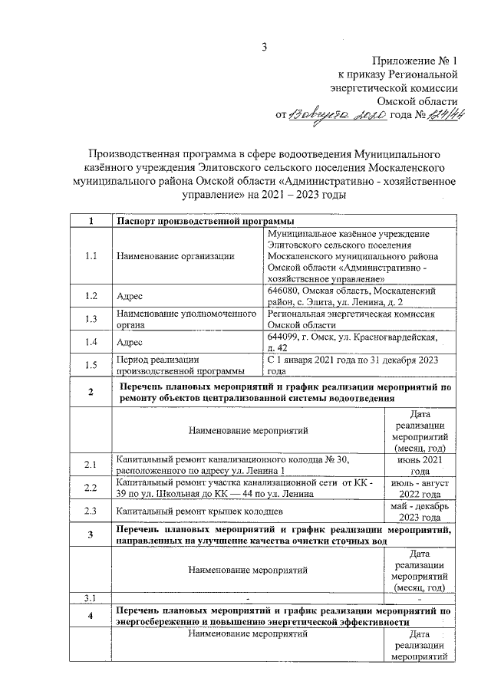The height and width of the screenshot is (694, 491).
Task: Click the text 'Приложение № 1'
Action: tap(415, 60)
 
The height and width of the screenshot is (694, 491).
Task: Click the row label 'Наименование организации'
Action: tap(175, 256)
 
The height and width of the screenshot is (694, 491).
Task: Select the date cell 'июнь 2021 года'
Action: tap(420, 465)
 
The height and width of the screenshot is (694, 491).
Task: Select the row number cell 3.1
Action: tap(91, 597)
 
